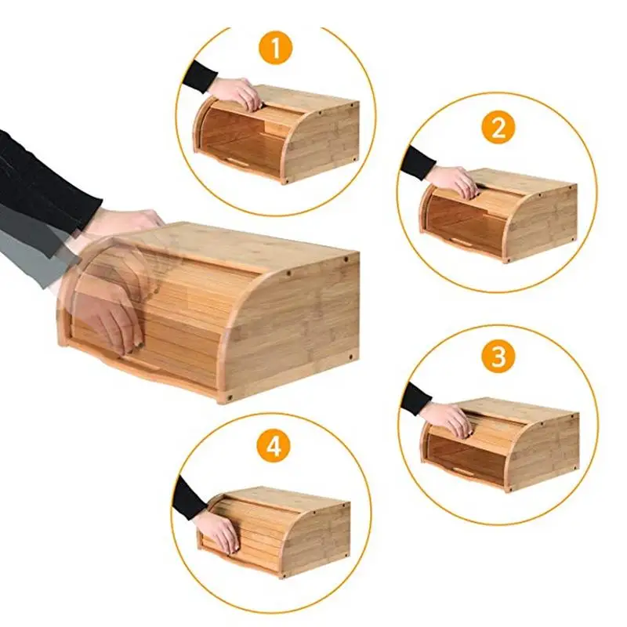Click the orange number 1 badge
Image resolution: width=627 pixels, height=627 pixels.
point(276,49)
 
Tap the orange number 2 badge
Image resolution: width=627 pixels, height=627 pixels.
point(498,128)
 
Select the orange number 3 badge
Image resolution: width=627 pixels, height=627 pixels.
point(498,357)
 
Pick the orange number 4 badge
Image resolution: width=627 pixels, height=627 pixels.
point(274,446)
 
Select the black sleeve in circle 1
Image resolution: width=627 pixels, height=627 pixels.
point(199,77)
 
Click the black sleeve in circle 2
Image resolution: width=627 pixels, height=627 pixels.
point(417,163)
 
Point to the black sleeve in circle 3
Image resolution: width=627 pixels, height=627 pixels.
point(416,399)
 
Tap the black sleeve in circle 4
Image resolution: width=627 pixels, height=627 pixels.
point(189,498)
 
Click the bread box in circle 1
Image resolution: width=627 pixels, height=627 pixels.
point(276,134)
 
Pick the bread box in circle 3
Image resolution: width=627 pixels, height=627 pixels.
point(501,444)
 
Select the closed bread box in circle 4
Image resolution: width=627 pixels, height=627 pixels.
point(274,532)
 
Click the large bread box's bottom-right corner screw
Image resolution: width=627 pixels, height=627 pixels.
point(350,356)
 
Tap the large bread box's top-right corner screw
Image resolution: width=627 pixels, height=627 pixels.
point(346,259)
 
